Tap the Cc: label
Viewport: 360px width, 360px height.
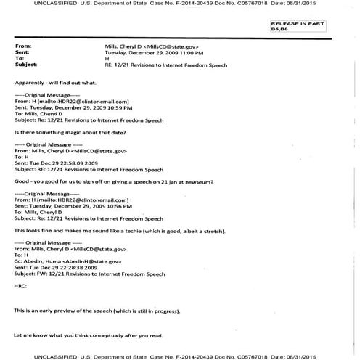(20, 259)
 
